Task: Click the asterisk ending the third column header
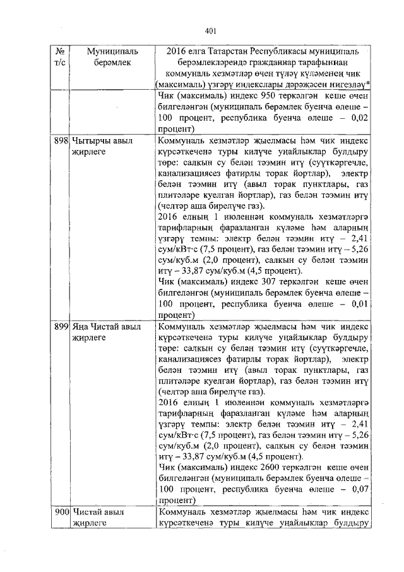click(x=368, y=84)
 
